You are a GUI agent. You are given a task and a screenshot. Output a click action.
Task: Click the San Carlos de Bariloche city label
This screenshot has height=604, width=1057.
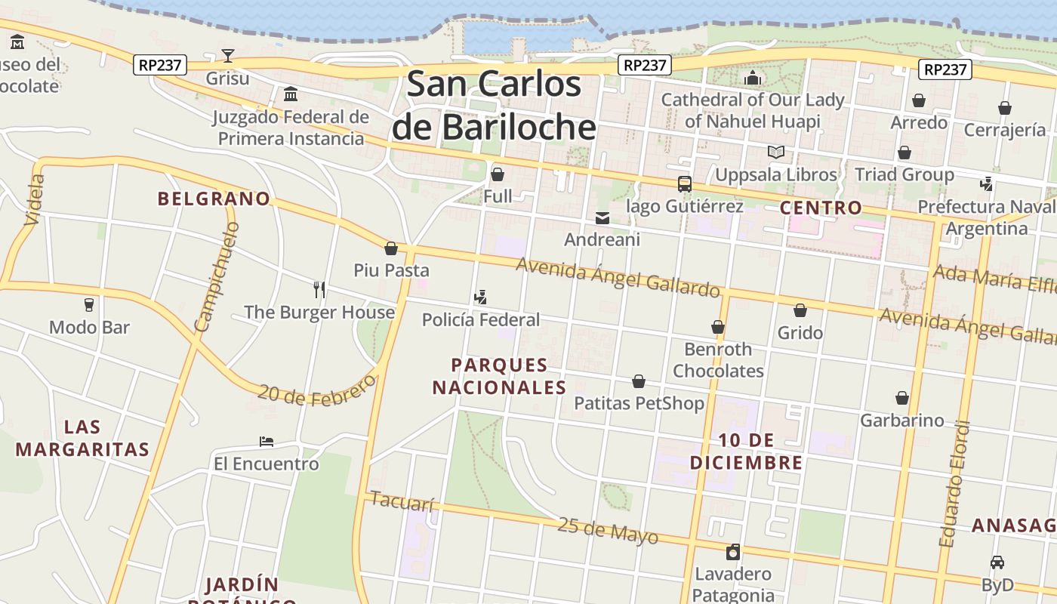494,106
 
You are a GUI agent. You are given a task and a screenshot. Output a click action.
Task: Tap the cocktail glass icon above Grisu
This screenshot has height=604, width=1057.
227,55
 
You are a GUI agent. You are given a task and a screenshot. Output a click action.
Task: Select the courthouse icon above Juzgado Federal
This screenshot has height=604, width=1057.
291,94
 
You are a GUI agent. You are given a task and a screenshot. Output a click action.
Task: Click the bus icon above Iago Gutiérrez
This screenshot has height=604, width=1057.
685,183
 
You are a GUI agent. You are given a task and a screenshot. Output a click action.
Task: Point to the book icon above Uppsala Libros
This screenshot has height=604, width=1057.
775,152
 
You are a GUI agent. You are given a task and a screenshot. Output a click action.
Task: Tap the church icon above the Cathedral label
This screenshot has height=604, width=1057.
752,78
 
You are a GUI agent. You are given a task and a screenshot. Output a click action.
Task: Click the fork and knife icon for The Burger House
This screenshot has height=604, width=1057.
319,289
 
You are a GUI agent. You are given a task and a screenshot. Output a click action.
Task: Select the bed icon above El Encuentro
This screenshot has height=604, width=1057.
266,441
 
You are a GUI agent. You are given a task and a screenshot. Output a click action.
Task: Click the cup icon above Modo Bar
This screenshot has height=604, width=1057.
89,305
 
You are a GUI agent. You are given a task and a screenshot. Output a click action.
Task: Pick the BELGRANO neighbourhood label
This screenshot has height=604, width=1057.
214,199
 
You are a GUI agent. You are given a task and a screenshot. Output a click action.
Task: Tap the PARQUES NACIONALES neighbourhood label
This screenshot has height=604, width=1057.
499,376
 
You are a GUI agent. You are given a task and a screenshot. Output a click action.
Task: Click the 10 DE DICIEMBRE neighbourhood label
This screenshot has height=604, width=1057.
746,451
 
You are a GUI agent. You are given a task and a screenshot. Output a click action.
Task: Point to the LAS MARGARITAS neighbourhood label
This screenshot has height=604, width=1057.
82,438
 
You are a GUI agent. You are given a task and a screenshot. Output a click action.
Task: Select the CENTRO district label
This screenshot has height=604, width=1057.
821,208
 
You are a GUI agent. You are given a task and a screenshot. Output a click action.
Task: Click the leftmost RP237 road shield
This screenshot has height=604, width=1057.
160,65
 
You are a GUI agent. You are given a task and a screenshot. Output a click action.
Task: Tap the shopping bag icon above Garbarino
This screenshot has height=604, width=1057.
901,398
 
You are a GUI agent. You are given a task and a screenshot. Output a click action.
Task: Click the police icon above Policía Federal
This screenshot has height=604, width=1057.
480,297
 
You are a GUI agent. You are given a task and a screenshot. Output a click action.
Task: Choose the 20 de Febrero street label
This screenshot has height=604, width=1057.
316,391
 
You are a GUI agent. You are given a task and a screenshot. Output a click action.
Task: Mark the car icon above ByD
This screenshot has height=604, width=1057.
997,562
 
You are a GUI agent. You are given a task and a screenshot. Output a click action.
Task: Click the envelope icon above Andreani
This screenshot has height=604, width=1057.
602,218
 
